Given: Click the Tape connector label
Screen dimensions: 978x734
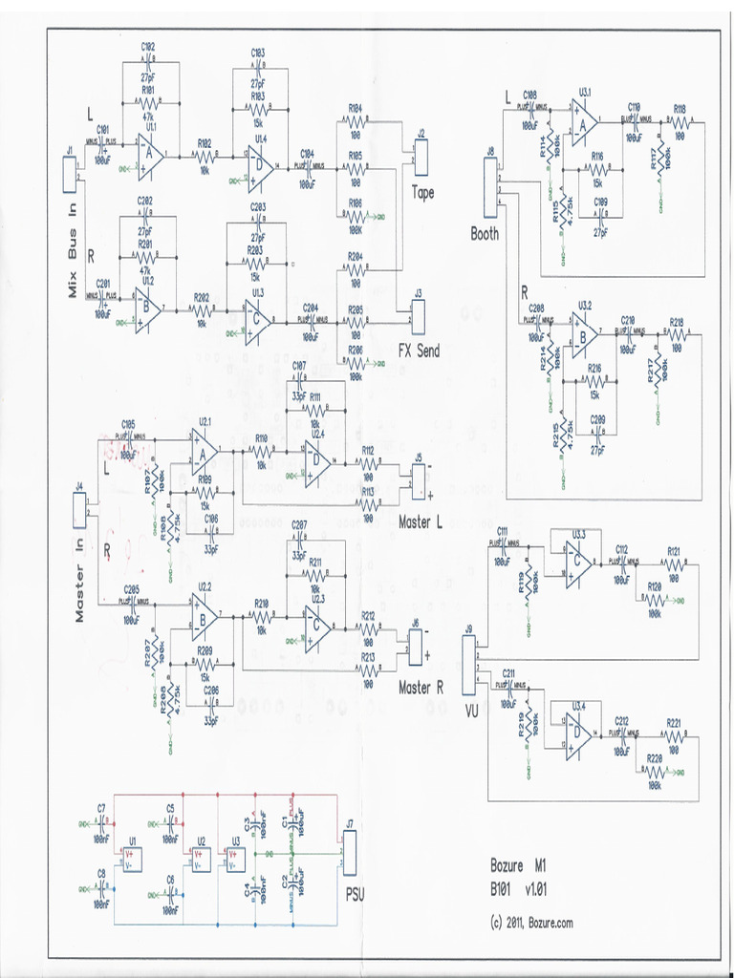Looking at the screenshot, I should (422, 193).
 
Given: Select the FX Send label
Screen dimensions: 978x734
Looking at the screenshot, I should (419, 351).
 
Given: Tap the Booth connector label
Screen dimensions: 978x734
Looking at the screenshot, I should (485, 233).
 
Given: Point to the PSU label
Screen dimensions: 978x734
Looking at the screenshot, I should (354, 895).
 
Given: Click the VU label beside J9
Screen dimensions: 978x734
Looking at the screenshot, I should (471, 710).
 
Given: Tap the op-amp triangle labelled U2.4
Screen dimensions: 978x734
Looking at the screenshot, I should (317, 463).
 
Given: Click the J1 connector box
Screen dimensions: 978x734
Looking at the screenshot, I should (69, 173).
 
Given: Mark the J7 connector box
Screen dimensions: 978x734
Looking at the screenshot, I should (349, 849).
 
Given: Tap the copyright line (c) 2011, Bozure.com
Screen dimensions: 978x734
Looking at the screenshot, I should (531, 923).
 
